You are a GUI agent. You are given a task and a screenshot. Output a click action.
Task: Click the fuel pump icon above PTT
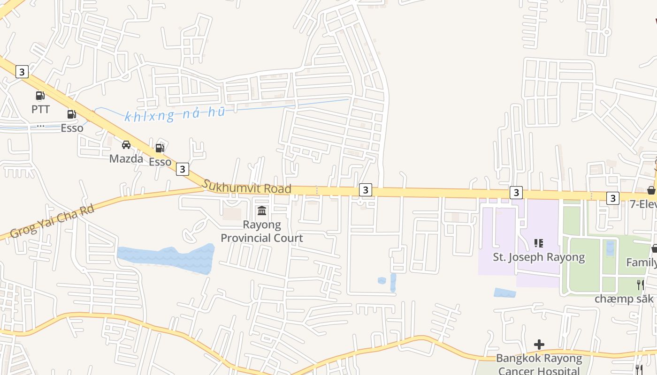coord(40,96)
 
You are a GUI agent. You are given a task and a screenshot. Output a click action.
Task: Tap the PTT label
coord(40,110)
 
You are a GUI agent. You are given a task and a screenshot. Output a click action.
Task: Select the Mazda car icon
coord(126,145)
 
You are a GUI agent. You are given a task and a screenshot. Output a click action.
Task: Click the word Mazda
coord(126,158)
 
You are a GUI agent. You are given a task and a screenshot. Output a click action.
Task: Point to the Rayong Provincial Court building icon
coord(262,211)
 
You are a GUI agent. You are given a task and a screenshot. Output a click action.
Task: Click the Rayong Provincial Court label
coord(262,232)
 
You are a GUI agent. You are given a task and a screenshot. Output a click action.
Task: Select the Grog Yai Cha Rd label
coord(52,221)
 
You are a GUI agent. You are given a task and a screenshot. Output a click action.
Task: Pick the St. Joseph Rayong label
coord(539,257)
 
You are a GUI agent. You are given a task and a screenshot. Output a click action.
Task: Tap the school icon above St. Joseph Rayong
coord(539,243)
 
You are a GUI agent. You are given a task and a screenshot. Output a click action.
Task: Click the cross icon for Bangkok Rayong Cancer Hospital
coord(539,345)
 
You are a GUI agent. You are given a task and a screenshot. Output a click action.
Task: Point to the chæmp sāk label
coord(624,299)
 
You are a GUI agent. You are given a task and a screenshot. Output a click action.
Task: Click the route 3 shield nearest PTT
coord(22,72)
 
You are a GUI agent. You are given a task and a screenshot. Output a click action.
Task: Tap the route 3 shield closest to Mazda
coord(183,169)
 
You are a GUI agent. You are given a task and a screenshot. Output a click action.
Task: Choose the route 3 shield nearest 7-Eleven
coord(612,198)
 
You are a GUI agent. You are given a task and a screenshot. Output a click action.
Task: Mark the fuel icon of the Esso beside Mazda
coord(160,148)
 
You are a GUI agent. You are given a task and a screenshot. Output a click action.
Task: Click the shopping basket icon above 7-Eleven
coord(651,190)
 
